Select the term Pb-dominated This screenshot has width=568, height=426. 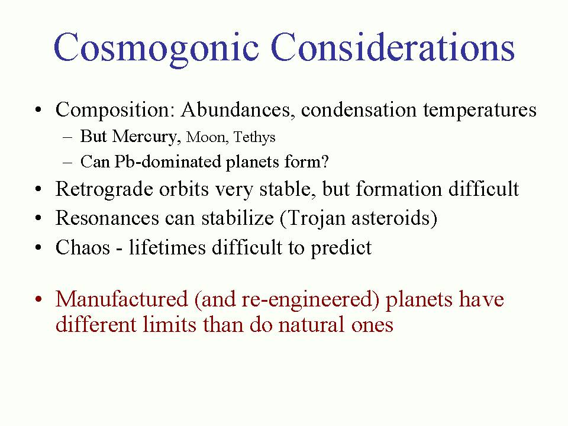coord(167,162)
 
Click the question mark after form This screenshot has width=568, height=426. coord(325,162)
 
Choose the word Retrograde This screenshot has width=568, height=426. coord(104,190)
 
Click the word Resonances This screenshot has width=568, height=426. coord(107,218)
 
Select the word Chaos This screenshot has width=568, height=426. coord(83,248)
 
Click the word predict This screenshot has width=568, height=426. coord(341,249)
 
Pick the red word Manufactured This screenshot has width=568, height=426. coord(122,299)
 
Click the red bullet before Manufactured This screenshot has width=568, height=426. coord(39,300)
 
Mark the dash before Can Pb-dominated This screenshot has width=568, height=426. coord(67,163)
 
